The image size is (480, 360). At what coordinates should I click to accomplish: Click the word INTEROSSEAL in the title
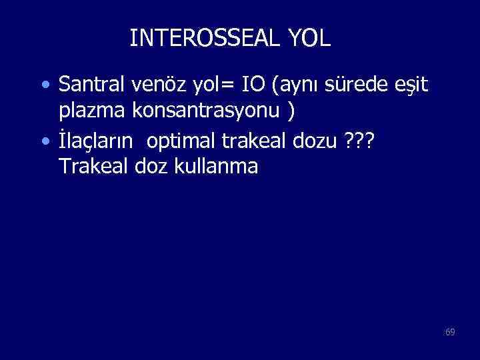tap(206, 38)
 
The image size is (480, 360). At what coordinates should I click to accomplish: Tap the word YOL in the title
tap(310, 38)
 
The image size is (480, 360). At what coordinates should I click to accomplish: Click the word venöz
tap(155, 85)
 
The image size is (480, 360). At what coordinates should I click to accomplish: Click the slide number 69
tap(450, 331)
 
